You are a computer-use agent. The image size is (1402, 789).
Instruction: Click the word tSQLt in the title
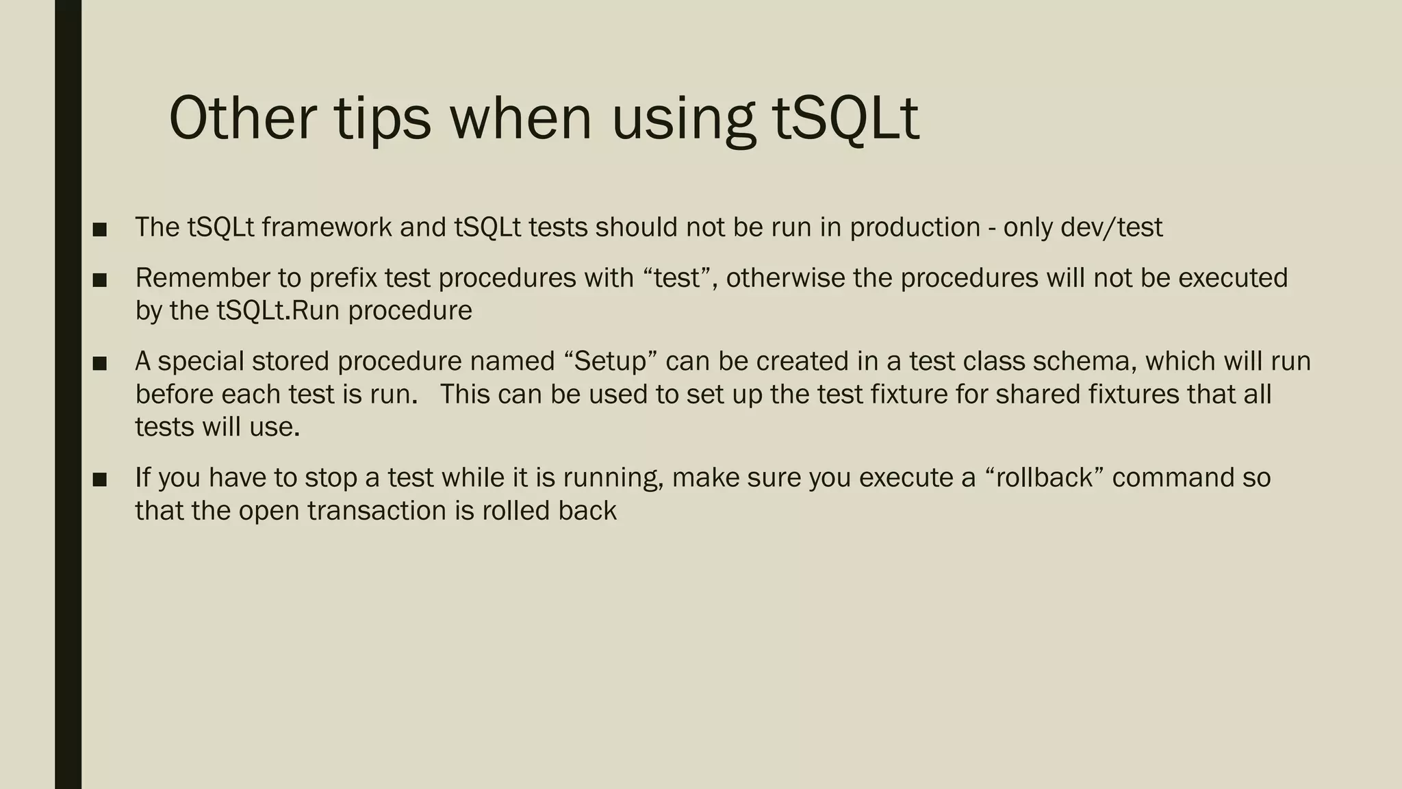tap(845, 118)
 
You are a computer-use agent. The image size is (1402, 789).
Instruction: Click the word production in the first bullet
tap(915, 227)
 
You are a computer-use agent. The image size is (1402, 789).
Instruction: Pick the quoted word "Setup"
tap(609, 361)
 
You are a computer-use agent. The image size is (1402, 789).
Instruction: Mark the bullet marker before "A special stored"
tap(99, 363)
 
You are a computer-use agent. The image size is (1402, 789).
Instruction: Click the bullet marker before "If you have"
tap(99, 479)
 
